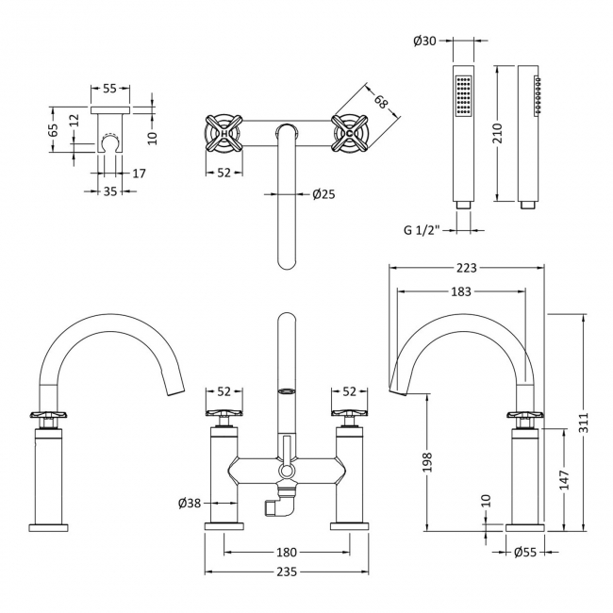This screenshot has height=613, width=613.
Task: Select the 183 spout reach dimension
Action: tap(461, 292)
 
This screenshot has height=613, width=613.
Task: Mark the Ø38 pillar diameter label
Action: tap(190, 504)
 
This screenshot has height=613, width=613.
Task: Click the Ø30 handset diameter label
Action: tap(423, 41)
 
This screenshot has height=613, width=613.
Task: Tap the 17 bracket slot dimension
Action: tap(140, 173)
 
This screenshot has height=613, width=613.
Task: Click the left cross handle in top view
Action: tap(226, 134)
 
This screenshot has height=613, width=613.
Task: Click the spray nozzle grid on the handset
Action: tap(462, 96)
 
